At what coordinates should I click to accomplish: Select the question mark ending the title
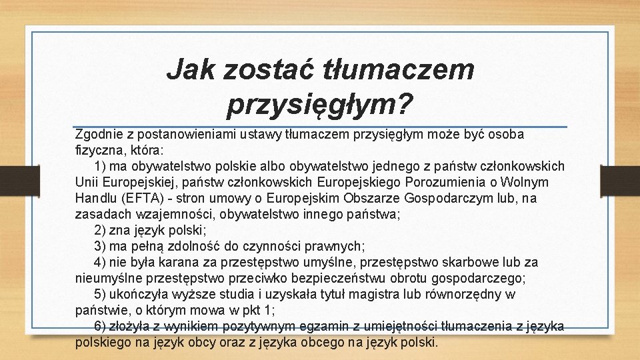coord(405,103)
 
